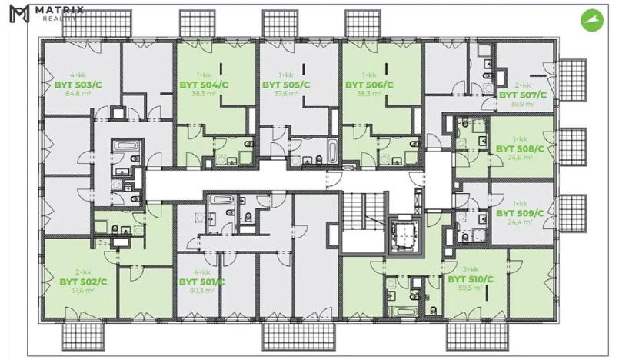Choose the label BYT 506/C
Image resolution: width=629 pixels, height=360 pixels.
coord(370,85)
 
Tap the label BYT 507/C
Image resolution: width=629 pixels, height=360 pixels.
coord(523,95)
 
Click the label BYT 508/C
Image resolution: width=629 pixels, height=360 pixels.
coord(521,148)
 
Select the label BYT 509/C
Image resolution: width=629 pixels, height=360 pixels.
coord(521,213)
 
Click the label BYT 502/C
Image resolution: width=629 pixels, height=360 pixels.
coord(82,282)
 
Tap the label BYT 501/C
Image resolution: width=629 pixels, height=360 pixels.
coord(201,282)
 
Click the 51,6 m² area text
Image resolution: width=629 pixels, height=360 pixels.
coord(82,292)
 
